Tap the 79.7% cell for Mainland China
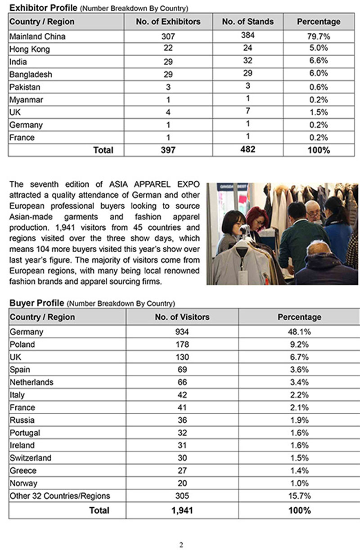point(319,36)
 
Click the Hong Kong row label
point(29,49)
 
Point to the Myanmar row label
point(26,99)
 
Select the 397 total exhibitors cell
point(168,150)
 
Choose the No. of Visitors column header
point(182,317)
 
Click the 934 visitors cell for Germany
point(182,332)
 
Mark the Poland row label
point(22,344)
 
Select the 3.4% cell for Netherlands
point(299,382)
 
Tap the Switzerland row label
point(30,458)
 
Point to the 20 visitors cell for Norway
point(182,483)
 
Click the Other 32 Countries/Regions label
point(59,496)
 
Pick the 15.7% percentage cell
point(299,496)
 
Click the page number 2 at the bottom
point(181,545)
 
